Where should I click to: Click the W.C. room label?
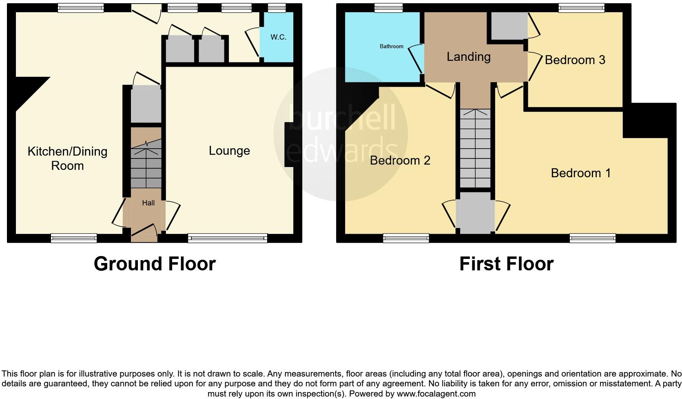[x=278, y=37]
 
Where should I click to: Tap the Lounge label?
[x=229, y=151]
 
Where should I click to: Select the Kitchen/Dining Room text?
[x=67, y=158]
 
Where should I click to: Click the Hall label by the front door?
[x=148, y=203]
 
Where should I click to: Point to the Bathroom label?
[x=391, y=47]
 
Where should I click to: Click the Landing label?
[x=468, y=57]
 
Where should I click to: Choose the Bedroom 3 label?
[x=575, y=60]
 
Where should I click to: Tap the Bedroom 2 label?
[x=400, y=160]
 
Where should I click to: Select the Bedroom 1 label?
[x=580, y=173]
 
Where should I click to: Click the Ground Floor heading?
[x=155, y=264]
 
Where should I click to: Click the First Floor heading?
[x=506, y=264]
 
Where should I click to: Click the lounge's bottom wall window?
[x=227, y=238]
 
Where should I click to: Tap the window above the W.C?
[x=277, y=7]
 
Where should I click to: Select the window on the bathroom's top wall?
[x=388, y=7]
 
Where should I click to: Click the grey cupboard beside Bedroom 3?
[x=509, y=26]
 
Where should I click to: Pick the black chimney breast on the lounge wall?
[x=289, y=145]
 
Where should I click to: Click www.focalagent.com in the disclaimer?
[x=436, y=394]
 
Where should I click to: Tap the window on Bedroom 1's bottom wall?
[x=592, y=238]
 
